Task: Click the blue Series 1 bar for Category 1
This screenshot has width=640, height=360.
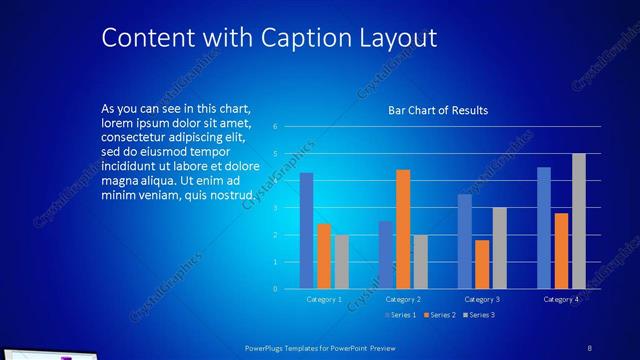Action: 306,231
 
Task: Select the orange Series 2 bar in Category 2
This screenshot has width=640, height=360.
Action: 403,229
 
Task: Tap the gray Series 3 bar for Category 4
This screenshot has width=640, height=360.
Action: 578,221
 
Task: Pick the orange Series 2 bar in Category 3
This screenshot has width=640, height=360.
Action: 482,264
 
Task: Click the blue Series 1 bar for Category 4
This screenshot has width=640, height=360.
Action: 544,228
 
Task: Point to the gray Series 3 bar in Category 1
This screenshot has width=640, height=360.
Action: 341,262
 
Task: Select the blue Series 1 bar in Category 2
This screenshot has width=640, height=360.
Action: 386,255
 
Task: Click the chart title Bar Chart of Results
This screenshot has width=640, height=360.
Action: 438,111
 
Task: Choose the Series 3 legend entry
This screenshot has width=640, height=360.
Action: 478,315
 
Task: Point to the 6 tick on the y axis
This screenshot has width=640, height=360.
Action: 288,127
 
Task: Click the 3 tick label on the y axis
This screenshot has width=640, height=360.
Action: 288,208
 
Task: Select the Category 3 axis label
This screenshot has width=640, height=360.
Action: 482,299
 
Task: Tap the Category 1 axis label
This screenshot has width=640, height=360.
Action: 323,299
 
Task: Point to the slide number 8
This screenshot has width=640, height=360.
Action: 589,346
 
